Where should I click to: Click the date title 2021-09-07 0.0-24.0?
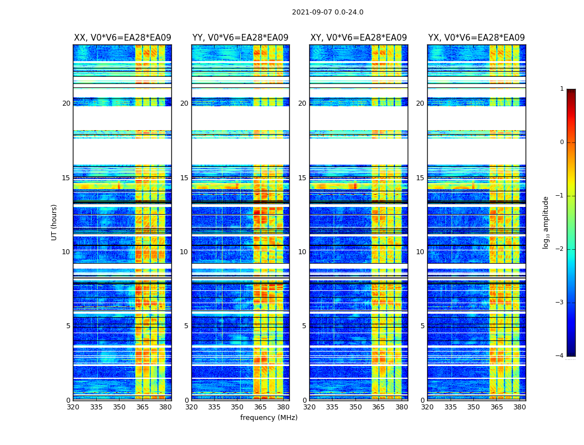pyautogui.click(x=328, y=12)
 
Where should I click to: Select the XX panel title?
pyautogui.click(x=122, y=38)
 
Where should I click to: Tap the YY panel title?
pyautogui.click(x=240, y=38)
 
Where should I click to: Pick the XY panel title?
pyautogui.click(x=359, y=38)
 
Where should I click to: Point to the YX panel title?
pyautogui.click(x=477, y=38)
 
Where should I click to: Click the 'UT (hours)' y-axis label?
pyautogui.click(x=55, y=222)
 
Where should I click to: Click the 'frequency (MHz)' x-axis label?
pyautogui.click(x=269, y=418)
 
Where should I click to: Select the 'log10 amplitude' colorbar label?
pyautogui.click(x=546, y=222)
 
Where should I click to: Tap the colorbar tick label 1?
pyautogui.click(x=562, y=89)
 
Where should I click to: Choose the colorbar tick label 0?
pyautogui.click(x=562, y=142)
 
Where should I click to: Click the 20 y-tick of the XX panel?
pyautogui.click(x=66, y=103)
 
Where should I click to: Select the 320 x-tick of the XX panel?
pyautogui.click(x=73, y=407)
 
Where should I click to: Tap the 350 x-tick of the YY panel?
pyautogui.click(x=237, y=407)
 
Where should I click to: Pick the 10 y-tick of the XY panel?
pyautogui.click(x=303, y=252)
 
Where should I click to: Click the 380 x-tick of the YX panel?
pyautogui.click(x=519, y=407)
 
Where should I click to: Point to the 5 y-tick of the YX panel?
pyautogui.click(x=423, y=326)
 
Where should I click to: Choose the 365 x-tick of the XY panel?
pyautogui.click(x=378, y=407)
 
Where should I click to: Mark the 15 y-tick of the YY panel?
pyautogui.click(x=184, y=178)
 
